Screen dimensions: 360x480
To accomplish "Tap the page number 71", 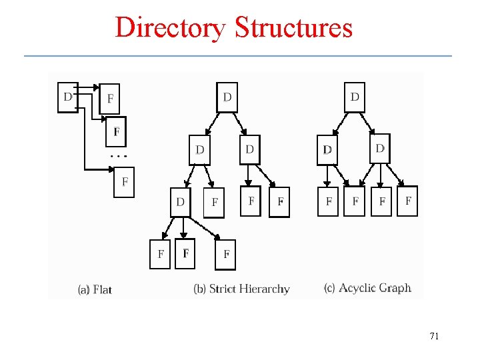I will [x=434, y=336].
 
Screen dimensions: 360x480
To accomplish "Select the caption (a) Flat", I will [x=95, y=289].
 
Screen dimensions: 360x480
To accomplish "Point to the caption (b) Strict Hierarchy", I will [x=241, y=289].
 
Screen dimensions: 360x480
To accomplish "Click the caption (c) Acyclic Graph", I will [x=367, y=288].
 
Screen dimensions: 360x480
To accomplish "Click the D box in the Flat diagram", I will [x=68, y=97].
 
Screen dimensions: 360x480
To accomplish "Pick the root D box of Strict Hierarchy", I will [x=227, y=97].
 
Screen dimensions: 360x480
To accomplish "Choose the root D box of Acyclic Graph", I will [x=355, y=97].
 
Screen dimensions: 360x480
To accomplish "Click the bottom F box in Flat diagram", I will [x=124, y=181].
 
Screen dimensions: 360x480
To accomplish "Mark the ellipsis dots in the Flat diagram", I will [x=117, y=155].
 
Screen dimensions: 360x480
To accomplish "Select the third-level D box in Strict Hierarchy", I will [x=180, y=202].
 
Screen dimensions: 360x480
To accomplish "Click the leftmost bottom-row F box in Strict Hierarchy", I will [x=160, y=254].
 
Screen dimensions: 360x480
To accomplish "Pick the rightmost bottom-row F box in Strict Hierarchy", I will [x=226, y=254].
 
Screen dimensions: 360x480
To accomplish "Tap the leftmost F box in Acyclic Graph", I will [x=328, y=201].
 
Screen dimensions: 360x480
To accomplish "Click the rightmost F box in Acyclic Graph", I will [x=408, y=201].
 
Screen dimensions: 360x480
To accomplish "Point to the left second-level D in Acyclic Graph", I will [x=327, y=149].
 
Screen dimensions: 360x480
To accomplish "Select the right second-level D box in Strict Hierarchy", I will [x=249, y=149].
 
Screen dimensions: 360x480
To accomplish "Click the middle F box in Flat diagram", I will [x=117, y=132].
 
